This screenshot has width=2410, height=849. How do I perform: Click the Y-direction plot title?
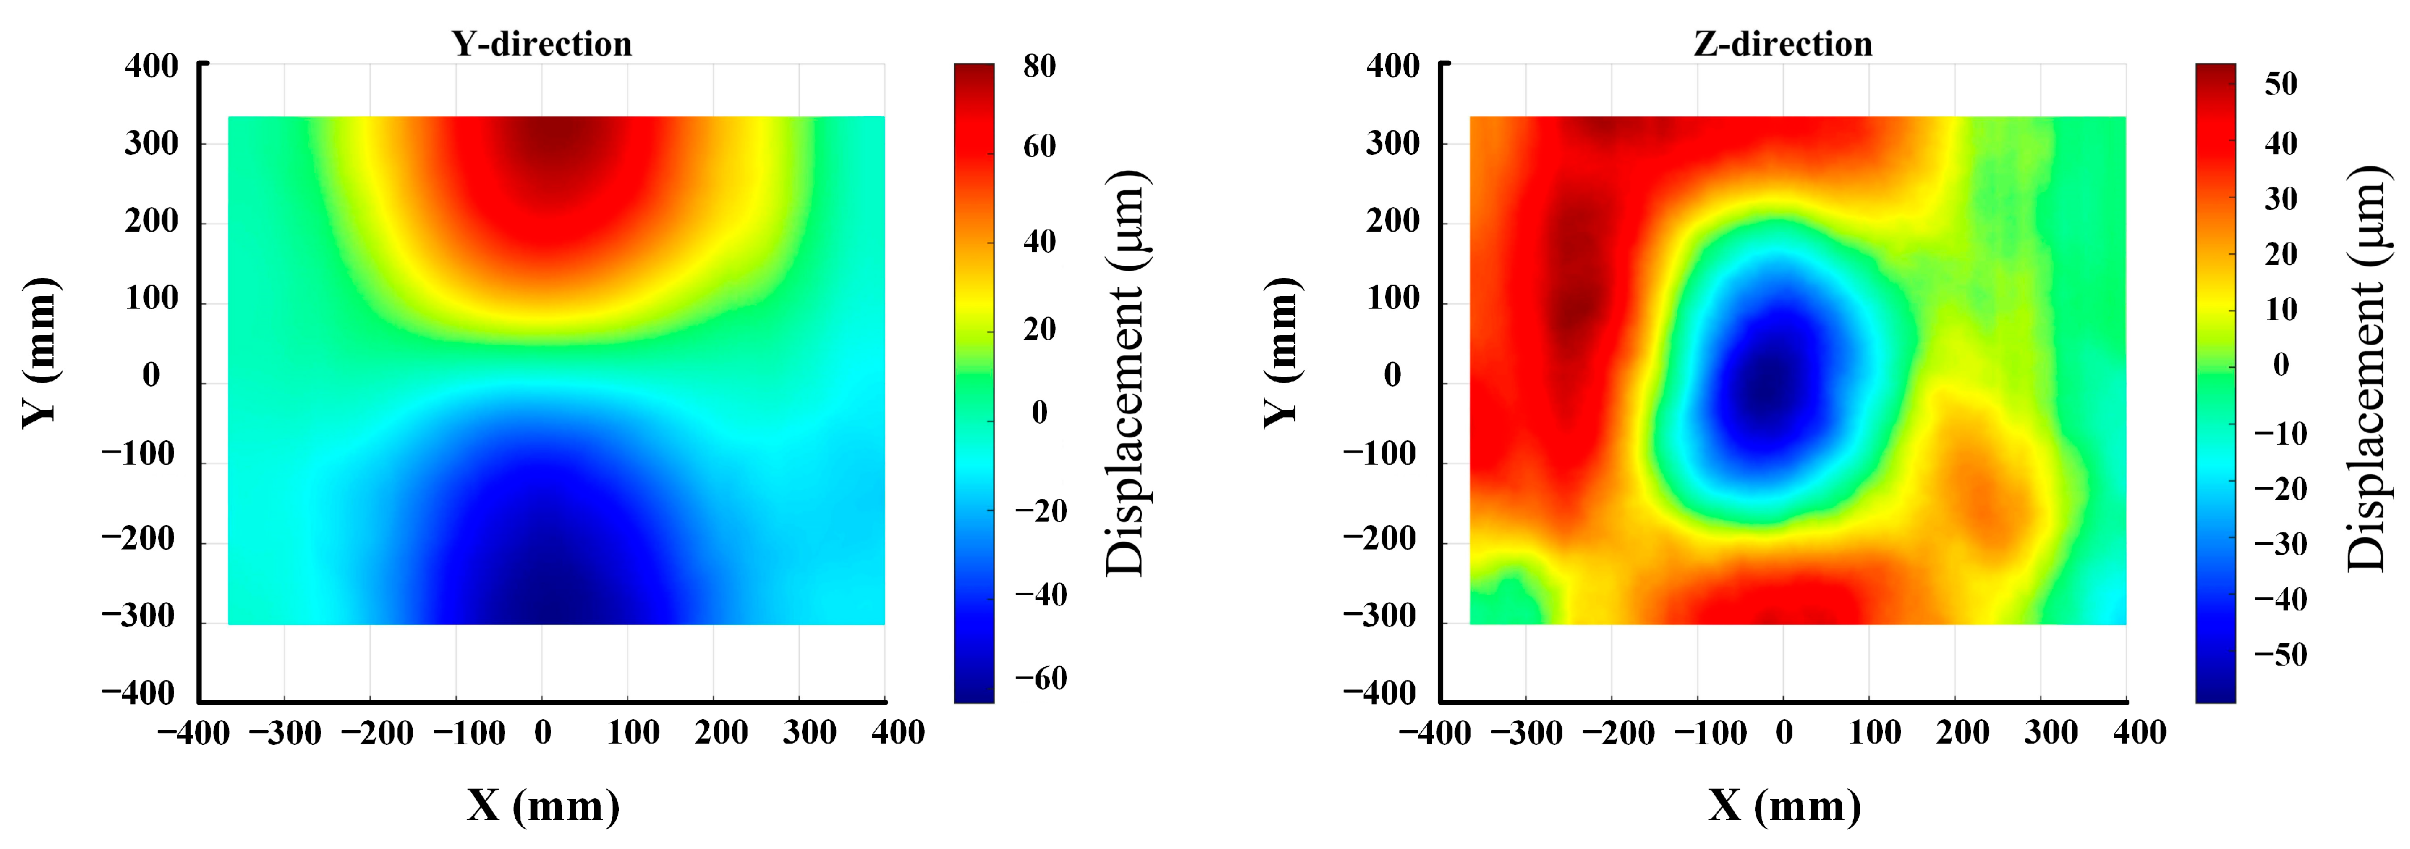tap(541, 44)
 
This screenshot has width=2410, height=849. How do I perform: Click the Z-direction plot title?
tap(1783, 44)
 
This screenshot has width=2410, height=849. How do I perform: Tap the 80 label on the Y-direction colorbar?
tap(1040, 67)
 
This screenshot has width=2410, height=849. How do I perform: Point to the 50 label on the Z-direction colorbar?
tap(2281, 84)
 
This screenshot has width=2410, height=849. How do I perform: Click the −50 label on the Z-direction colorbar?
tap(2280, 654)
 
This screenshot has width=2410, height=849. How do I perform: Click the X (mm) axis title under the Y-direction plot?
tap(543, 805)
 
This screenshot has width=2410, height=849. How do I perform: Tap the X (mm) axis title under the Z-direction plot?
tap(1784, 805)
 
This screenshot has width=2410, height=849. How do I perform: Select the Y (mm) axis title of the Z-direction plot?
tap(1281, 353)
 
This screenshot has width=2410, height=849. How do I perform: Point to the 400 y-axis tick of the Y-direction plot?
tap(151, 67)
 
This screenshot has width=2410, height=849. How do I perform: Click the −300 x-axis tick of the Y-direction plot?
tap(285, 733)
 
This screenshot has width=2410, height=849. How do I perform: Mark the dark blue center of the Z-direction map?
tap(1764, 384)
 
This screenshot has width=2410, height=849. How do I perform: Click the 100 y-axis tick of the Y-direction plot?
tap(151, 298)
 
